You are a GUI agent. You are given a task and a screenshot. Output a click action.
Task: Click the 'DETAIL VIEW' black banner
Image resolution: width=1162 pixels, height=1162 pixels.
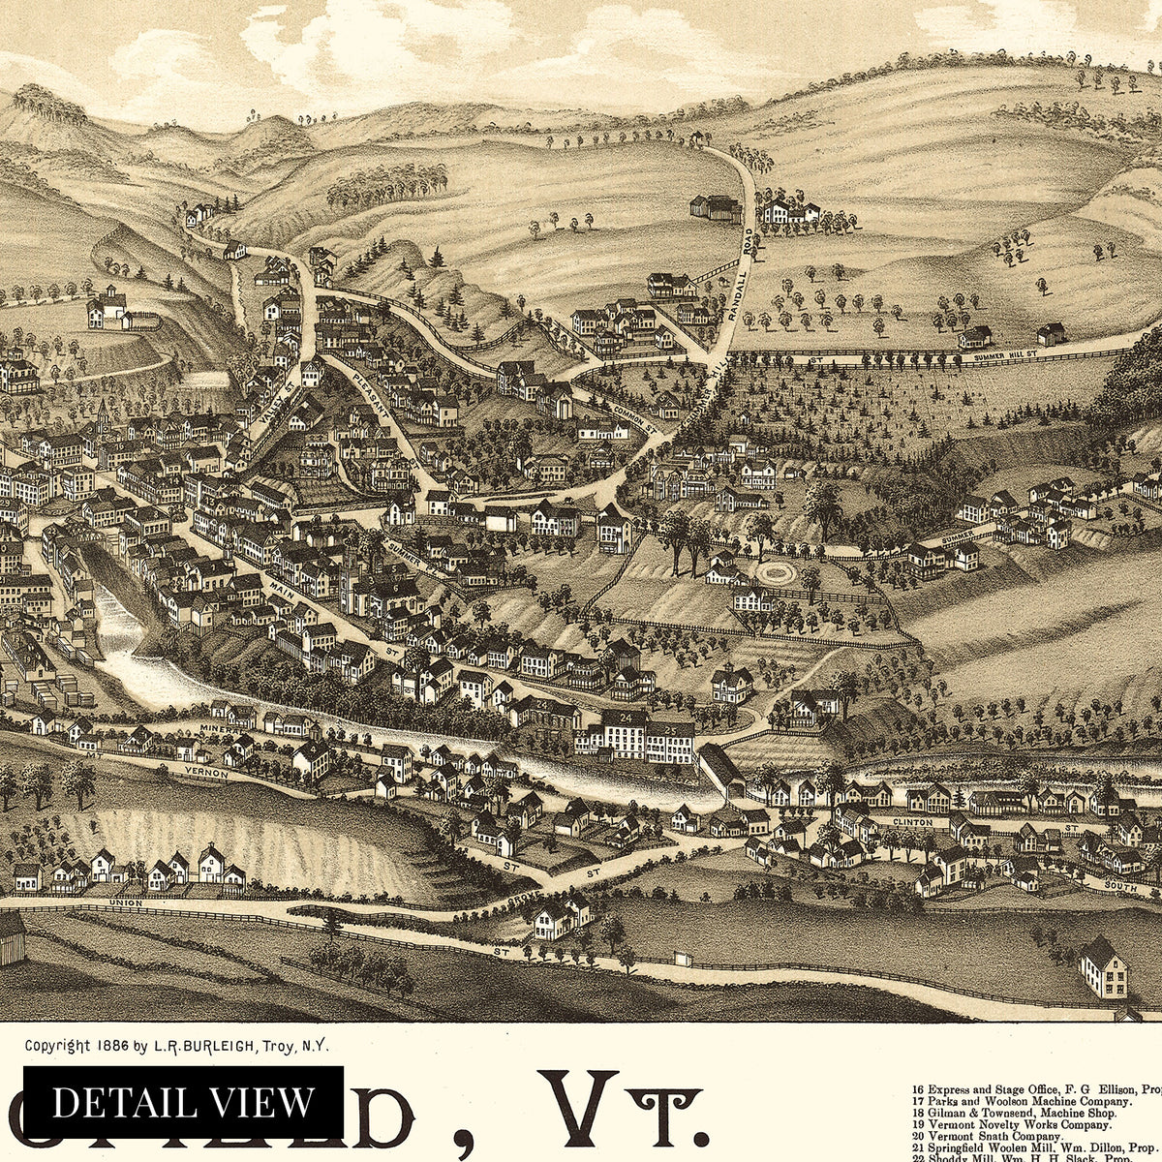(x=183, y=1102)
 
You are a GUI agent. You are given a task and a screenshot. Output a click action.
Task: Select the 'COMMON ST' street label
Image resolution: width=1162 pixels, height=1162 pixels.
(x=635, y=419)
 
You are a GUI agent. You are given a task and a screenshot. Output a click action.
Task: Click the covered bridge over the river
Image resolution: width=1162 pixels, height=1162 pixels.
(x=719, y=770)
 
